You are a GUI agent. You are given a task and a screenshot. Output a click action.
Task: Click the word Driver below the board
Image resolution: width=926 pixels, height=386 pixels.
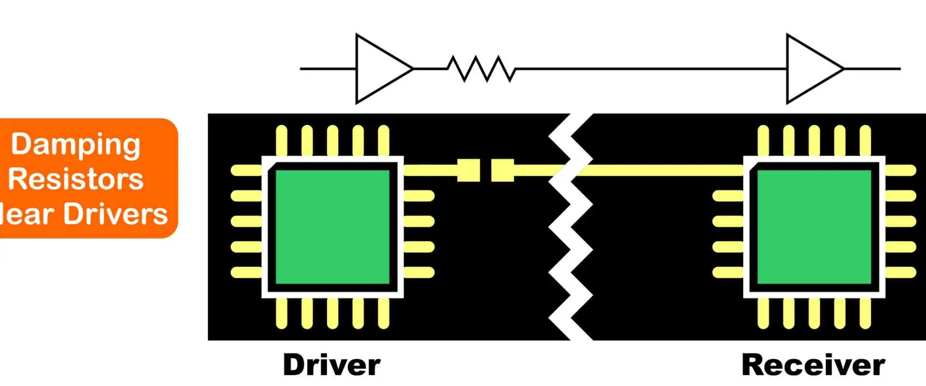click(x=332, y=365)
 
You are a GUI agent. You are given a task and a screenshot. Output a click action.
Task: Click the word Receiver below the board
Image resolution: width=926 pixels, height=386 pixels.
click(x=813, y=365)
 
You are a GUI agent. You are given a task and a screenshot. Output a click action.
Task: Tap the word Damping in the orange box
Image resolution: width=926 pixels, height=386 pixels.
click(x=76, y=144)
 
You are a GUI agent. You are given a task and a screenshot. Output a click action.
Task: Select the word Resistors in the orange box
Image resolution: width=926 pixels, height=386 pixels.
click(x=76, y=179)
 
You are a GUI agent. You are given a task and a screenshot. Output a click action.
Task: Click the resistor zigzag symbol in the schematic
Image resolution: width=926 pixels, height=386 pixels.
click(x=481, y=69)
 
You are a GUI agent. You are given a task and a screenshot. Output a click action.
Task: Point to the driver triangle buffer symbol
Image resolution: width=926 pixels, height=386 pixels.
click(x=381, y=69)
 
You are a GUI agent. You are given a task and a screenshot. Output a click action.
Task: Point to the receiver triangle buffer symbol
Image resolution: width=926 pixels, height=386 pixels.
click(x=812, y=69)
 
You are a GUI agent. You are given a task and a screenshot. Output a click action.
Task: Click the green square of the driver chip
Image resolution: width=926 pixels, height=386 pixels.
click(x=332, y=227)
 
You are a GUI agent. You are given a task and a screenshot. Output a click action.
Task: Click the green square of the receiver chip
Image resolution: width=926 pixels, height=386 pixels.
click(x=814, y=227)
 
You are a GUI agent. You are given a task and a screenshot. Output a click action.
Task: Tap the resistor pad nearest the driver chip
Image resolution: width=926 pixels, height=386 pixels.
click(x=468, y=170)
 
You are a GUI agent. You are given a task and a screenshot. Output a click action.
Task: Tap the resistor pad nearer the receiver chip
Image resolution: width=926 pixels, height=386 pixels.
click(x=503, y=170)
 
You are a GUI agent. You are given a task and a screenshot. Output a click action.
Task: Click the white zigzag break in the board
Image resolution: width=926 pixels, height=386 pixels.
click(x=571, y=227)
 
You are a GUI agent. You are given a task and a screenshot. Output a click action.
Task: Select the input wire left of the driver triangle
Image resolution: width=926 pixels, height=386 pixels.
click(x=328, y=69)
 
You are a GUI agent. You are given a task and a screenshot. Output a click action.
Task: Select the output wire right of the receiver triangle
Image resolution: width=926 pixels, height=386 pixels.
click(x=872, y=69)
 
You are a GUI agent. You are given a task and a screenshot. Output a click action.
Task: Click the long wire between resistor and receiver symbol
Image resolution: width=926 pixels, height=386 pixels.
click(x=651, y=69)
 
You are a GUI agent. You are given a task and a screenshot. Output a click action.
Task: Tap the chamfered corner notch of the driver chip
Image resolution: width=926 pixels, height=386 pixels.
click(x=272, y=166)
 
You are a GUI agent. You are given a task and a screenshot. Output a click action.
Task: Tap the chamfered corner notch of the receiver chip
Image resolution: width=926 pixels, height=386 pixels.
click(x=753, y=166)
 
